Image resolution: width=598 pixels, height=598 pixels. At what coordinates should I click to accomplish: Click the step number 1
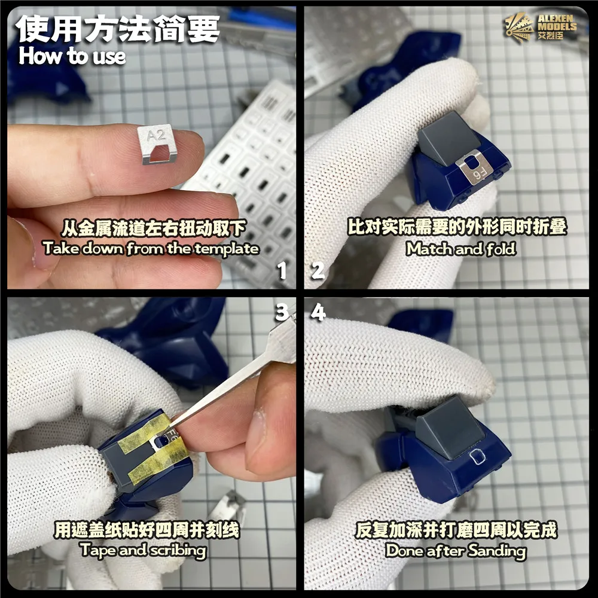[282, 271]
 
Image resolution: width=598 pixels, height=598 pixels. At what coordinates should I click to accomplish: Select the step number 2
[318, 271]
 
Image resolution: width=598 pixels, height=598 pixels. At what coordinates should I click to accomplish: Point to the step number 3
[282, 312]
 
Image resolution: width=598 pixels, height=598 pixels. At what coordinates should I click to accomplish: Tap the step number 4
[318, 312]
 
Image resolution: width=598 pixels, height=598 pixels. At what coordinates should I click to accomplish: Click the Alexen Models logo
[541, 26]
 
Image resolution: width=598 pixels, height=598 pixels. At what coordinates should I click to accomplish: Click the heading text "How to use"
[72, 56]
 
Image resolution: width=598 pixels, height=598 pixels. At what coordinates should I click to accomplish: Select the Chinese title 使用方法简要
[117, 29]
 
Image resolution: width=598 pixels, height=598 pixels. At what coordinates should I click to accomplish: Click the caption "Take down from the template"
[151, 249]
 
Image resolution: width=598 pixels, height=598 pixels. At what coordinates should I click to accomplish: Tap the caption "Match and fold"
[460, 249]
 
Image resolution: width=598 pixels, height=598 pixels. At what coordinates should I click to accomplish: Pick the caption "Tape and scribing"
[144, 551]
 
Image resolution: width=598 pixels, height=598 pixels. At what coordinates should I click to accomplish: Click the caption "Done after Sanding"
[456, 551]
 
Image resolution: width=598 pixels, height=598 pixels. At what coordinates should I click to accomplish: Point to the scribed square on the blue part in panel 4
[477, 456]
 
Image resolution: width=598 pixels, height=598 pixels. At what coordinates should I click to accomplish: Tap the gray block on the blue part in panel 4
[450, 426]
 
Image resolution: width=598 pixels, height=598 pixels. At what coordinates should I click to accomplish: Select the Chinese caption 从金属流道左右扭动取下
[154, 228]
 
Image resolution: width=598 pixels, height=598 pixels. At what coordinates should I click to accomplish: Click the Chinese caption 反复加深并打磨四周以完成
[456, 530]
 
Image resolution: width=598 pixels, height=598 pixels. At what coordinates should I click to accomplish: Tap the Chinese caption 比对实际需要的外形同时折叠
[457, 227]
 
